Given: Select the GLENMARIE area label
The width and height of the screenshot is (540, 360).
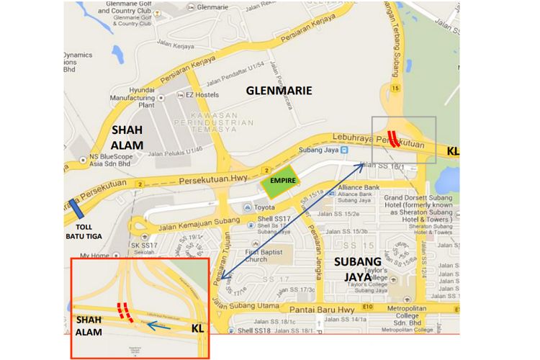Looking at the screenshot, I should (x=279, y=91).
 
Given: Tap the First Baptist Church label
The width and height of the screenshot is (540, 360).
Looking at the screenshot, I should (x=265, y=256).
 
